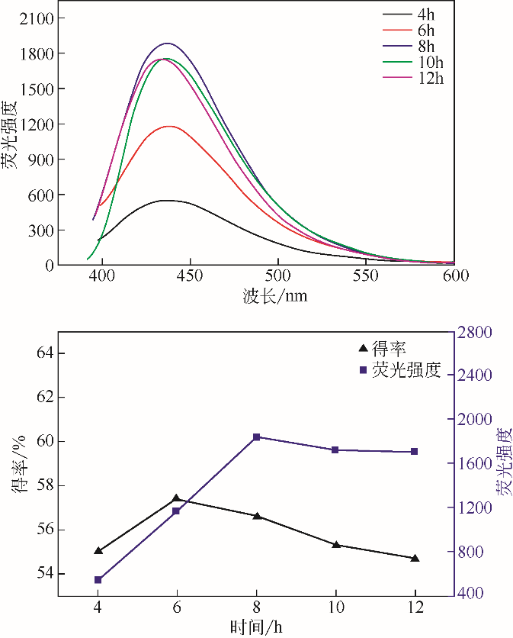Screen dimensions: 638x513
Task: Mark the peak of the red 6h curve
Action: point(168,127)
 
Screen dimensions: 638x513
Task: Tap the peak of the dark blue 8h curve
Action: point(167,43)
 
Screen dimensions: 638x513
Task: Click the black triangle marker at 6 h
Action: point(177,498)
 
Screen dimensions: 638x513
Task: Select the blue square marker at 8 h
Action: point(256,437)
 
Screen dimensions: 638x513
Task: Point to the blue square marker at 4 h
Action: point(98,580)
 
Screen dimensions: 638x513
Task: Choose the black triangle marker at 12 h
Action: point(415,559)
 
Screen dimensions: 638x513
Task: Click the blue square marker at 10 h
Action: point(335,450)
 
